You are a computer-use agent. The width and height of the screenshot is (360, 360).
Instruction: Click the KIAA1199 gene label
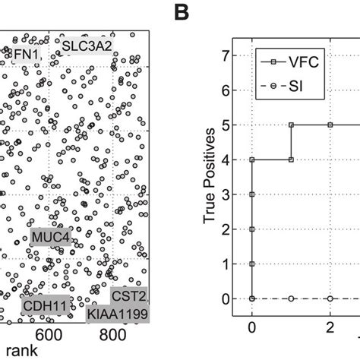tap(117, 313)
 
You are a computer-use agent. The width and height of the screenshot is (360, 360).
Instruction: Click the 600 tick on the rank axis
tap(48, 334)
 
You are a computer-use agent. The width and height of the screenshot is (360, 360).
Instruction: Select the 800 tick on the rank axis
tap(113, 334)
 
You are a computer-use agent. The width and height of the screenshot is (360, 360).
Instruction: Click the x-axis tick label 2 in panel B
tap(330, 327)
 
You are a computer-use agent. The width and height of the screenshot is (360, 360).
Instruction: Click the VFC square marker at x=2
tap(330, 125)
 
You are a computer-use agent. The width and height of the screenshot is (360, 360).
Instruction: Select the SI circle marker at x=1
tap(291, 298)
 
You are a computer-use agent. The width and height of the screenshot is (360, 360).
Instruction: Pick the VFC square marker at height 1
tap(252, 264)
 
